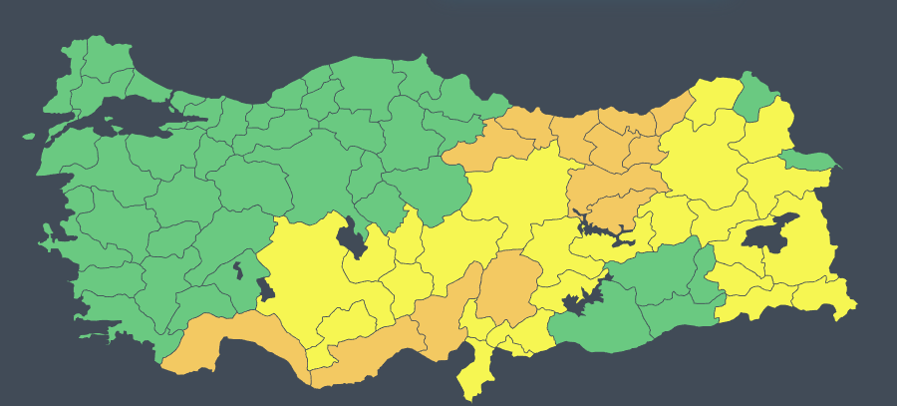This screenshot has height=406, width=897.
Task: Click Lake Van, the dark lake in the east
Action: pos(767,236)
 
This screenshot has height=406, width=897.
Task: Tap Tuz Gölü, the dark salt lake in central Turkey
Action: pos(350,238)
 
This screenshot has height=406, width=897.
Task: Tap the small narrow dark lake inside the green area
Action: pos(238,268)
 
